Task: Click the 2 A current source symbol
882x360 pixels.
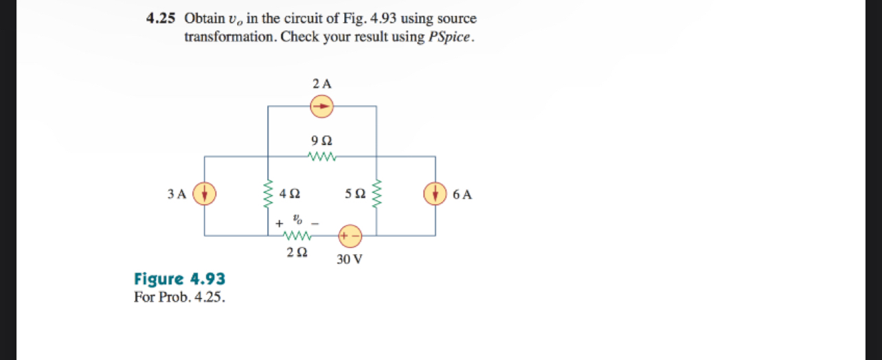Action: click(x=321, y=106)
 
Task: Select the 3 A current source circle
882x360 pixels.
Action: click(x=205, y=194)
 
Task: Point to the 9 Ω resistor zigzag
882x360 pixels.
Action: click(x=321, y=157)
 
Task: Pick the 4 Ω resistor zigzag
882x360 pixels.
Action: click(x=268, y=194)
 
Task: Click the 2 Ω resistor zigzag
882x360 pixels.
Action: click(x=297, y=236)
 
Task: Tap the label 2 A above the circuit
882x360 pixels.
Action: click(x=321, y=84)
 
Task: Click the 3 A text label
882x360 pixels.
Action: click(x=177, y=194)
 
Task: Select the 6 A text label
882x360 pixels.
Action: click(x=462, y=194)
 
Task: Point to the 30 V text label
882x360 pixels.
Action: click(x=350, y=260)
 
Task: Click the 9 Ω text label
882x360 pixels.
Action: click(x=321, y=141)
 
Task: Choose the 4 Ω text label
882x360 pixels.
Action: click(x=289, y=194)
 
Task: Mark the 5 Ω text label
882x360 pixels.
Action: click(x=355, y=194)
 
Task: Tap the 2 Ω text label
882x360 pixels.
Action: click(x=297, y=253)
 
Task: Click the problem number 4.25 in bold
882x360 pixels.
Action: click(x=161, y=19)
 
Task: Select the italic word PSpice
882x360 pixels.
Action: click(x=451, y=37)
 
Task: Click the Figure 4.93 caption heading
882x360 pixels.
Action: click(x=179, y=279)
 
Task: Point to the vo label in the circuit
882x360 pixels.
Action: click(x=297, y=220)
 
